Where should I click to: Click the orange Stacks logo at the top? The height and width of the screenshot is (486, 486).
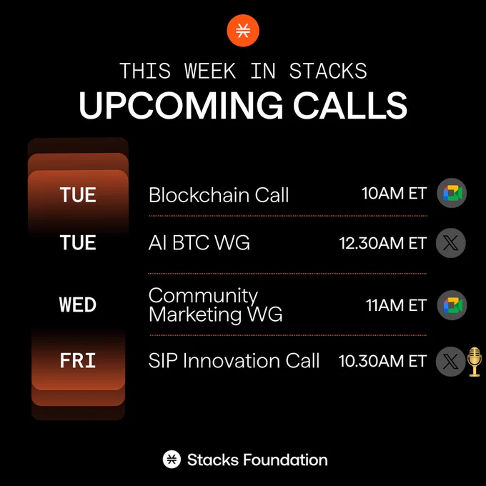click(243, 30)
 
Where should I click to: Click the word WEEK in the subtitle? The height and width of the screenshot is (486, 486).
click(210, 71)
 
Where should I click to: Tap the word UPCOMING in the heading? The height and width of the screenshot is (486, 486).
click(181, 105)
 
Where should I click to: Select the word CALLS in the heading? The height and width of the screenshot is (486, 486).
click(350, 105)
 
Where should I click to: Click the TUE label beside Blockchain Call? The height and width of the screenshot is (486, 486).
click(78, 195)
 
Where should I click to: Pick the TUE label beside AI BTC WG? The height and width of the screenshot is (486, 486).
click(78, 242)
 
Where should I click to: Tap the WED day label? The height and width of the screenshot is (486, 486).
click(78, 304)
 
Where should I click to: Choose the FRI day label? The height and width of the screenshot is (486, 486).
click(78, 360)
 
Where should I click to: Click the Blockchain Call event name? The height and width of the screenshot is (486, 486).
click(219, 195)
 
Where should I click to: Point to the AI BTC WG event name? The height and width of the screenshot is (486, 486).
click(199, 242)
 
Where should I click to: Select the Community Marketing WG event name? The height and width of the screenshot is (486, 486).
click(215, 305)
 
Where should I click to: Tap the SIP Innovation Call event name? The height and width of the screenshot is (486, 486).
click(234, 360)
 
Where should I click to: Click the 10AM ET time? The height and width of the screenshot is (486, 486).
click(395, 194)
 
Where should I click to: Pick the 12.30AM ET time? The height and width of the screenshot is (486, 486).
click(383, 243)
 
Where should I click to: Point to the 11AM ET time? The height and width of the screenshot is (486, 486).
click(397, 305)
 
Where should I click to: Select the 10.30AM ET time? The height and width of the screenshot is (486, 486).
click(383, 361)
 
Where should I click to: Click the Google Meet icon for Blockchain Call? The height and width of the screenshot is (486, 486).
click(452, 193)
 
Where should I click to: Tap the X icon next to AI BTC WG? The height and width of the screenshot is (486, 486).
click(451, 243)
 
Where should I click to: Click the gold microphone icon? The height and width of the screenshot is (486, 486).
click(475, 362)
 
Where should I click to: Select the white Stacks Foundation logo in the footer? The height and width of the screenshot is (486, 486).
click(172, 459)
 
